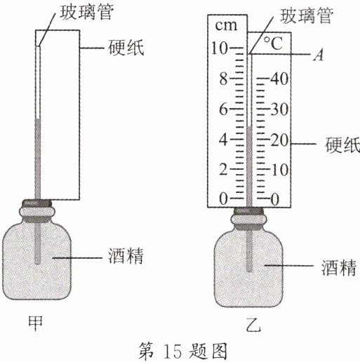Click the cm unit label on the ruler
tap(226, 25)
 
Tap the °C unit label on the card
tap(274, 43)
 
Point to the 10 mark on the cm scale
tap(219, 48)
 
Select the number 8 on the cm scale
tap(223, 79)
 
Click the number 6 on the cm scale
tap(223, 109)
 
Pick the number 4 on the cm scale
tap(223, 140)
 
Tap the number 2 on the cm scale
tap(223, 169)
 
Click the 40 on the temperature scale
tap(279, 79)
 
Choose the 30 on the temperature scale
tap(279, 109)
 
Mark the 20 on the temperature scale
tap(279, 140)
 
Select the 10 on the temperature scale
tap(280, 169)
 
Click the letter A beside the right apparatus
tap(319, 55)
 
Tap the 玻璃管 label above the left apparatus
tap(86, 12)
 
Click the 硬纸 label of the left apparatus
tap(126, 48)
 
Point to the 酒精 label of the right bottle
tap(339, 267)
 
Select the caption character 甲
tap(35, 323)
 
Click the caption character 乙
tap(253, 325)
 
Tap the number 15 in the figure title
tap(173, 351)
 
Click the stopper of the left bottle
tap(37, 203)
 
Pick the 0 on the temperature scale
tap(275, 200)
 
